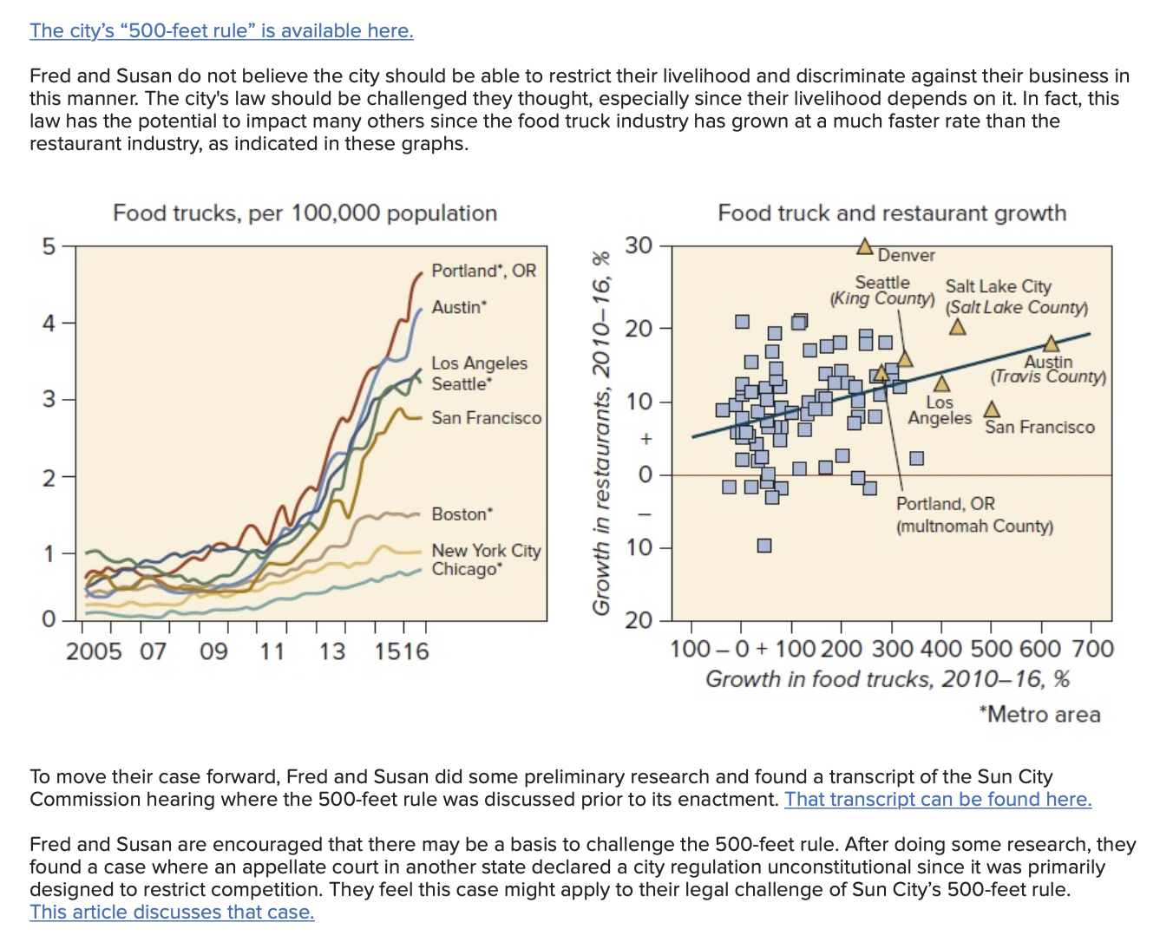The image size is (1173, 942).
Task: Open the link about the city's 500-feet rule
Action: pos(221,30)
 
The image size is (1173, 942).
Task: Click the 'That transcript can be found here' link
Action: pos(938,799)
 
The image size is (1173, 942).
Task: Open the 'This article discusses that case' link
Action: pos(172,912)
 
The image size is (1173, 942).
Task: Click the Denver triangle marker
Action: pos(864,247)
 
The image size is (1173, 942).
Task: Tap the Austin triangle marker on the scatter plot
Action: pos(1051,343)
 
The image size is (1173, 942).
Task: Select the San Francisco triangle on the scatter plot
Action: pos(992,409)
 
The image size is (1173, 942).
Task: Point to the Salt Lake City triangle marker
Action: pos(958,327)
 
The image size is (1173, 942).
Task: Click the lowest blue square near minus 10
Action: pos(764,545)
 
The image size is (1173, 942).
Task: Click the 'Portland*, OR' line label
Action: pos(483,271)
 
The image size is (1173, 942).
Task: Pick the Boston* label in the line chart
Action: pos(462,514)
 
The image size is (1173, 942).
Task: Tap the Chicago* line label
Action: pos(467,569)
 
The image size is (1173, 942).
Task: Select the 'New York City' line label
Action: pos(486,551)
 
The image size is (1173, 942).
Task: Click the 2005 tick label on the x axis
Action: pos(94,651)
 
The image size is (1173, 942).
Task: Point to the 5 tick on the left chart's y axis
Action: pos(49,246)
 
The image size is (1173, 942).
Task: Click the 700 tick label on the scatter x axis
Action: pos(1093,650)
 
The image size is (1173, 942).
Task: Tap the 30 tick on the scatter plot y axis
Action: pos(639,245)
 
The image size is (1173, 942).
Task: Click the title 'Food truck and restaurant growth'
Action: pos(892,213)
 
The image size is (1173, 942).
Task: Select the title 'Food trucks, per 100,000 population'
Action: pos(305,213)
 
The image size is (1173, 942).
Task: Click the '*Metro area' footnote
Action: pos(1039,714)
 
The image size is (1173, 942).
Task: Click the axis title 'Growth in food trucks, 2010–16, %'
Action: pos(888,679)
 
